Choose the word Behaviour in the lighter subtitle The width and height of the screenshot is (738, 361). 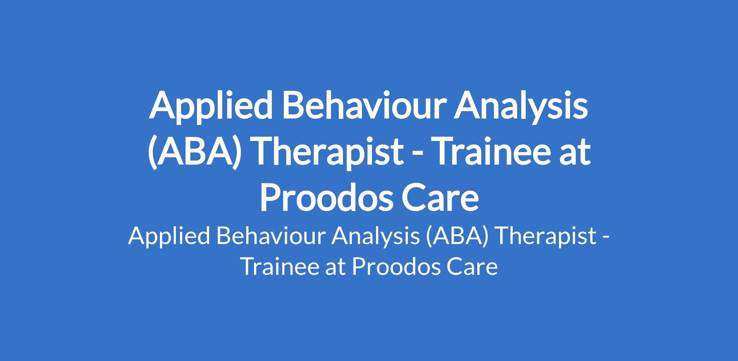point(271,236)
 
